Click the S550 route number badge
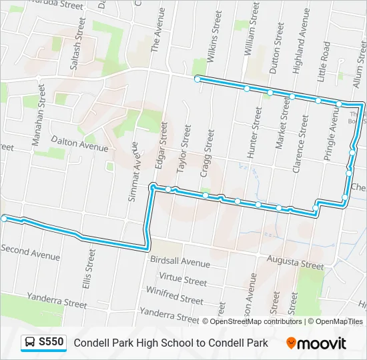[x=44, y=343]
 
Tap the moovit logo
[x=316, y=343]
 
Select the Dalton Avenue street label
[x=79, y=143]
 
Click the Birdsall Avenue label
[x=180, y=261]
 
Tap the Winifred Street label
[x=175, y=296]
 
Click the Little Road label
[x=325, y=61]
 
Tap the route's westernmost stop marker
[x=5, y=218]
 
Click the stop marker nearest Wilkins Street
[x=198, y=79]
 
